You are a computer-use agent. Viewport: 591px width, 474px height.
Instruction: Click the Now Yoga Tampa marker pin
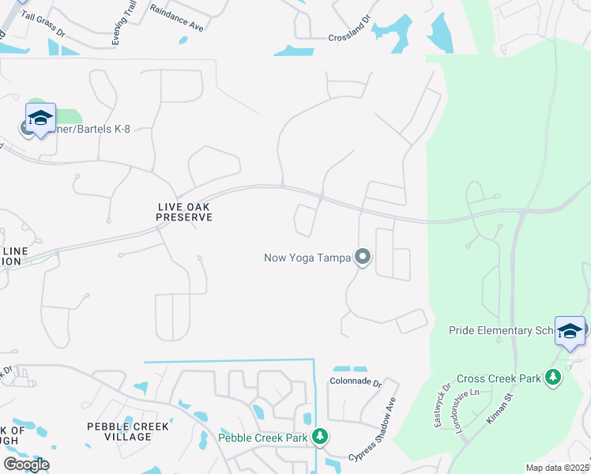point(363,257)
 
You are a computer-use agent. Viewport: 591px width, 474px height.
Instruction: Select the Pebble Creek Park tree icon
point(319,437)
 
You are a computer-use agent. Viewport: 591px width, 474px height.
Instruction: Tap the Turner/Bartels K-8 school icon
point(40,118)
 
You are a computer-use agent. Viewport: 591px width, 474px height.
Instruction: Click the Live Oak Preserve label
point(184,212)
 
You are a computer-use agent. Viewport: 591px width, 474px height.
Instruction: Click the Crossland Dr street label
point(349,37)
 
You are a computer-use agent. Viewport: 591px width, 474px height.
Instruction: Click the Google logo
point(26,465)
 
